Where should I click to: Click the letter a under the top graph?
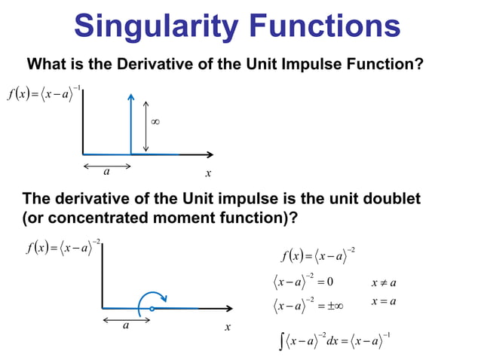[106, 171]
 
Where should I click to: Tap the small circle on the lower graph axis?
[152, 309]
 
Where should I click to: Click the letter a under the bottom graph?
[126, 326]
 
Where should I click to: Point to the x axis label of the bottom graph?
[227, 328]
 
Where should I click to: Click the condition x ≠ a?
[384, 283]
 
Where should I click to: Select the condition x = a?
[384, 302]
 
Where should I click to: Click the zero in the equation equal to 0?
[330, 282]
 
